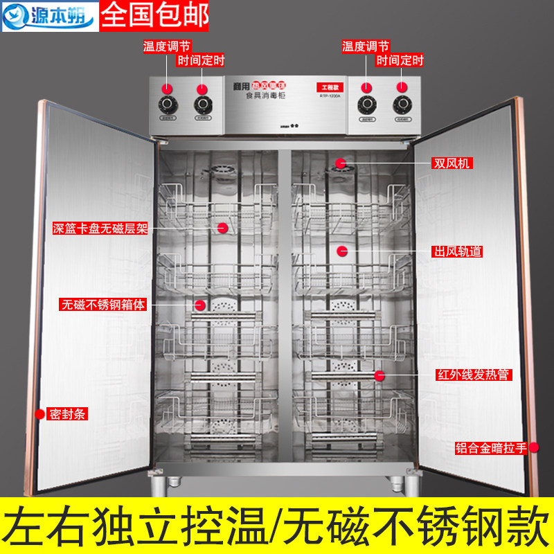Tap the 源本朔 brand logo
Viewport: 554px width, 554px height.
pyautogui.click(x=48, y=15)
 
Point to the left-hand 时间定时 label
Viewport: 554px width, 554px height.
pyautogui.click(x=202, y=60)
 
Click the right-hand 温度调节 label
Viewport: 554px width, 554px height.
pyautogui.click(x=365, y=46)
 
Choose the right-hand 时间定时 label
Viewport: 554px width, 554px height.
pyautogui.click(x=400, y=60)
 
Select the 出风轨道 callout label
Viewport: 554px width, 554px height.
pyautogui.click(x=457, y=251)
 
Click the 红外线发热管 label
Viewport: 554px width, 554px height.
pyautogui.click(x=473, y=375)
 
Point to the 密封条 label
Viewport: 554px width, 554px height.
pyautogui.click(x=68, y=414)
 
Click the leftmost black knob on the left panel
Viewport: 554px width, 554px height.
pyautogui.click(x=167, y=105)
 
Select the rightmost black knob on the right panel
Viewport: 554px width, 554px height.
pyautogui.click(x=401, y=105)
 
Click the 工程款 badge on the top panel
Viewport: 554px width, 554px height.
pyautogui.click(x=329, y=87)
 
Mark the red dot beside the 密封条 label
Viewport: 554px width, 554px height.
pyautogui.click(x=39, y=414)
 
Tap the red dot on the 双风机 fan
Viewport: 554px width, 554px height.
pyautogui.click(x=341, y=163)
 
